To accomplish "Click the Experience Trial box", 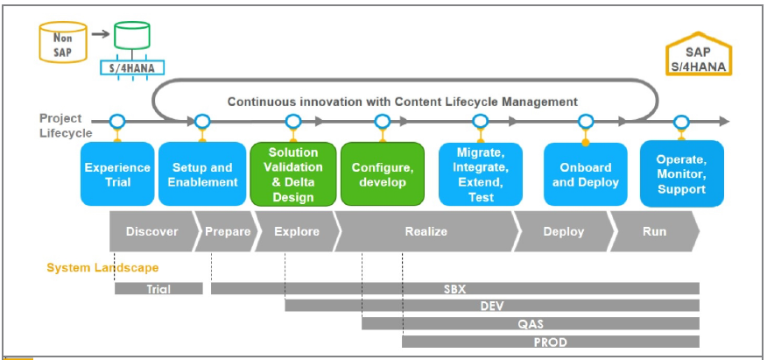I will click(117, 174).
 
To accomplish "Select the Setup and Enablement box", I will click(202, 174).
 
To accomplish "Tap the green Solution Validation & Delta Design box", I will click(293, 174).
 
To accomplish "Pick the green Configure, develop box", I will click(382, 174).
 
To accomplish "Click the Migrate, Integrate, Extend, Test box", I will click(480, 174).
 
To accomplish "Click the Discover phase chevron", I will click(151, 232).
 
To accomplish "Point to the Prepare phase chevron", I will click(227, 232).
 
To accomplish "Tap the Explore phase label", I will click(297, 232).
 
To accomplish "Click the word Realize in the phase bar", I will click(426, 232).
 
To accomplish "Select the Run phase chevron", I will click(654, 232).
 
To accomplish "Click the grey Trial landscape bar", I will click(158, 288).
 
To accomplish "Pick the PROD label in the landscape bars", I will click(550, 342).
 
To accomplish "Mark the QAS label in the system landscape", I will click(531, 324).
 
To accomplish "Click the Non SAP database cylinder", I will click(60, 42).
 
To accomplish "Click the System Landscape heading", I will click(102, 267).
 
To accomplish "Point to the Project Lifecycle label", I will click(66, 125).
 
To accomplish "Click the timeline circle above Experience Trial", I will click(117, 121).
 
